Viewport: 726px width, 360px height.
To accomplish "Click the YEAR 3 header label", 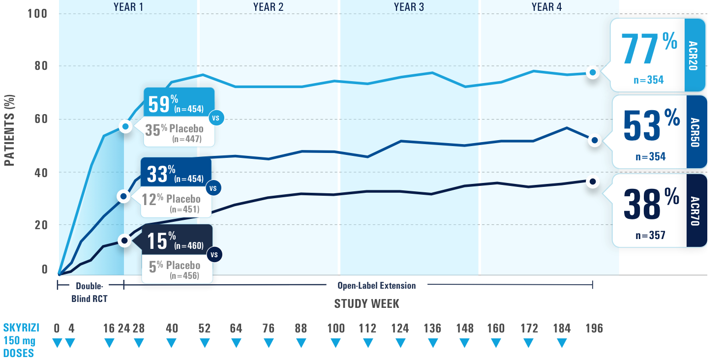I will [x=409, y=7].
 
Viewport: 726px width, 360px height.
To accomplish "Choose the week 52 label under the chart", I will [x=204, y=329].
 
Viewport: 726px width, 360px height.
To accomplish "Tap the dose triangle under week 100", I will [x=336, y=343].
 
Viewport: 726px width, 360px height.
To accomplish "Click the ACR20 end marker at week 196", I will [x=593, y=72].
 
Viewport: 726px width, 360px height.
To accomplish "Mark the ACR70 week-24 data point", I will [x=124, y=240].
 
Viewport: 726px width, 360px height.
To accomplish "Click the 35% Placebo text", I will [x=174, y=129].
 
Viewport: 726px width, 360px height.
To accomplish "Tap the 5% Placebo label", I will [x=175, y=266].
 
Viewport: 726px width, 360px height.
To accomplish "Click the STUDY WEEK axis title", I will [x=366, y=304].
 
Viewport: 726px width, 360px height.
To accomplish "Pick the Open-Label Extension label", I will [x=376, y=286].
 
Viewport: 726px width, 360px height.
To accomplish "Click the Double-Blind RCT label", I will [x=90, y=292].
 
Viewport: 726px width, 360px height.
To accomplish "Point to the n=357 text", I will [x=650, y=235].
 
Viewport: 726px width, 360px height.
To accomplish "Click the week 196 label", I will [x=594, y=329].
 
